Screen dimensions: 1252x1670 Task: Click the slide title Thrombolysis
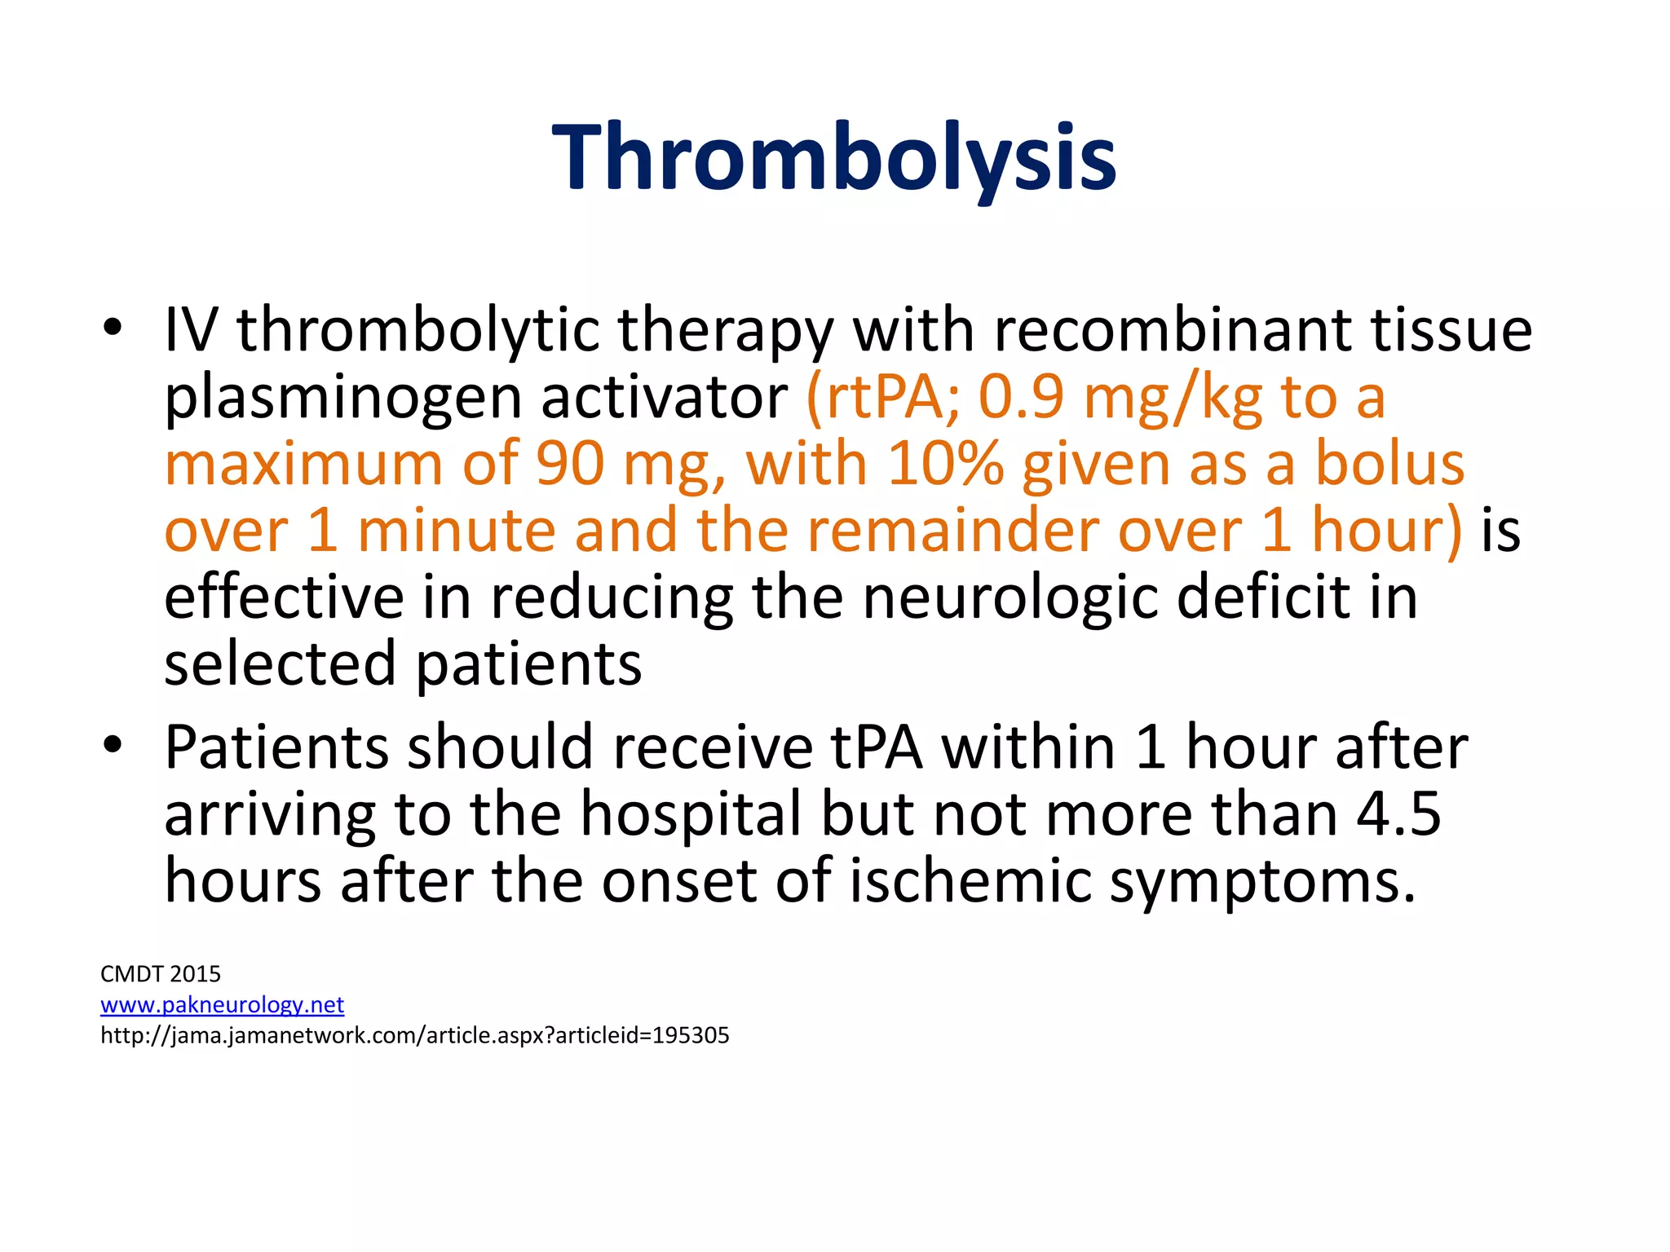coord(833,156)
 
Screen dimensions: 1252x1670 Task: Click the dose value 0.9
coord(1021,397)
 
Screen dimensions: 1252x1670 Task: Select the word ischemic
coord(970,880)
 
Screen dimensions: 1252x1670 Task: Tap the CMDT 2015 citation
coord(161,974)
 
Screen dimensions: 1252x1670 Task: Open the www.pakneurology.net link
coord(222,1005)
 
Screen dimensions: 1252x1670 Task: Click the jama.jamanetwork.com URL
coord(414,1036)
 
